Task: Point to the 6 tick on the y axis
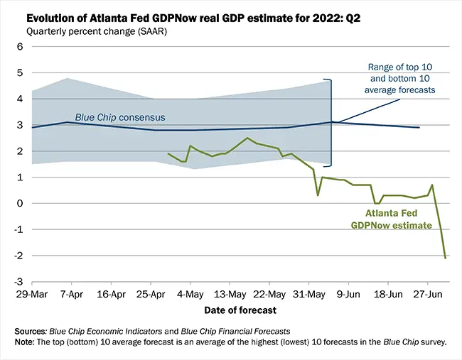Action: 20,47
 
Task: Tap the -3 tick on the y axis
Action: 18,282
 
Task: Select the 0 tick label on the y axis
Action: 20,204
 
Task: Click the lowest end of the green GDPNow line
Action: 446,258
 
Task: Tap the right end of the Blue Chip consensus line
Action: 419,128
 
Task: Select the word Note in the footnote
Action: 26,342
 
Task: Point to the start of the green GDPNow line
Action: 168,153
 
